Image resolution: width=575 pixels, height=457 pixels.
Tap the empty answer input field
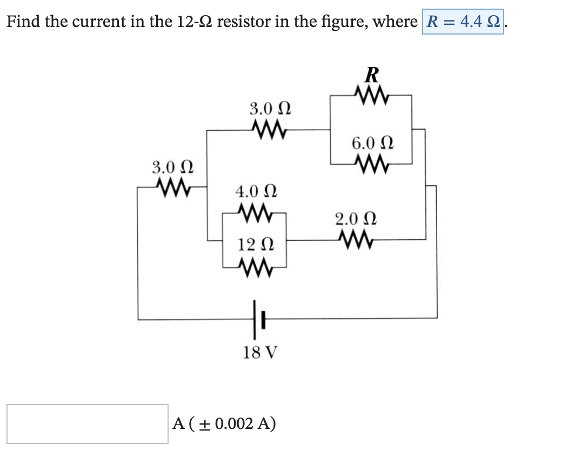click(87, 424)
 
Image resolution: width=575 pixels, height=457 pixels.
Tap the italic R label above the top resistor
click(372, 73)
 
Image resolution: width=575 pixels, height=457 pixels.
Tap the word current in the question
click(96, 22)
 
